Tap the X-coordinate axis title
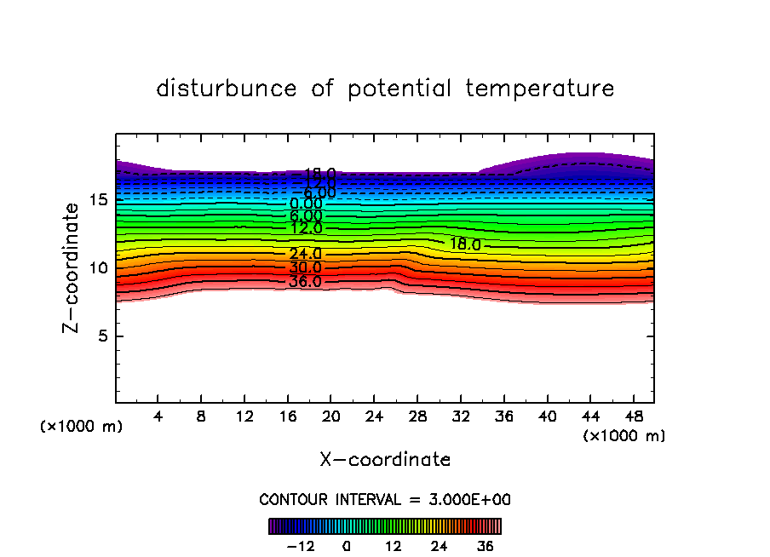tap(385, 460)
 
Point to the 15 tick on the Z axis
tap(99, 200)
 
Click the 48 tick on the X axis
tap(632, 416)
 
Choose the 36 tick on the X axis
tap(503, 416)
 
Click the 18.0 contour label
tap(465, 244)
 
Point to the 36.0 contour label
tap(305, 281)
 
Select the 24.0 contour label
tap(305, 254)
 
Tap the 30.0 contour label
tap(305, 267)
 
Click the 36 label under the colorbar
tap(486, 546)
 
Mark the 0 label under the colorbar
tap(347, 546)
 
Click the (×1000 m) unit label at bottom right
tap(623, 436)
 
